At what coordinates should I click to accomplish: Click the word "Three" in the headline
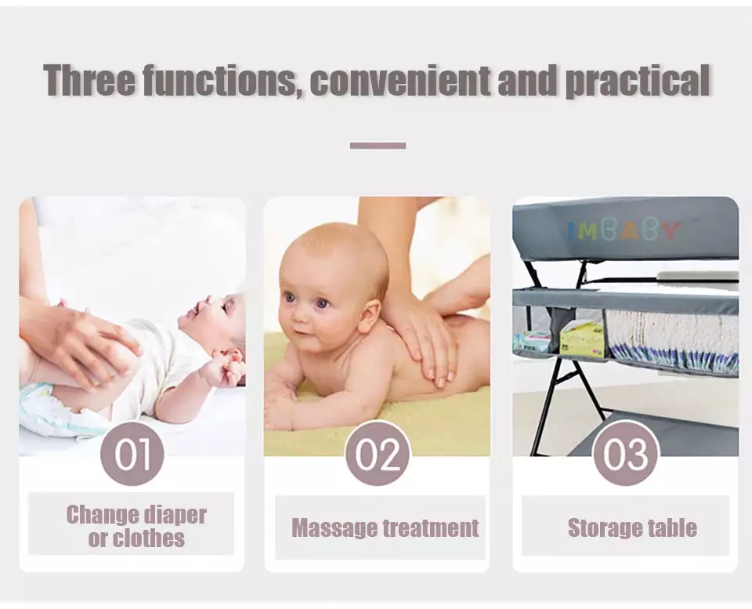89,81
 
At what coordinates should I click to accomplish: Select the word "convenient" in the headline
400,82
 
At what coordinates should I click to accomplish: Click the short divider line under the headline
378,145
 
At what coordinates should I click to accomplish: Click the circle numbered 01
132,454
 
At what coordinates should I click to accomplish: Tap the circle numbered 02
378,454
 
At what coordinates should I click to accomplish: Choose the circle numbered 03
625,454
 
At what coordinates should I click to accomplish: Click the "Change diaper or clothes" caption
136,526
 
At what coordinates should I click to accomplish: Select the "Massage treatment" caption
385,527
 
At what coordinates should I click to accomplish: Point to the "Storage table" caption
631,527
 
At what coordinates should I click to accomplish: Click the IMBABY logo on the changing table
624,230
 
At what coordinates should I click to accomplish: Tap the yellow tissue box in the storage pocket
583,339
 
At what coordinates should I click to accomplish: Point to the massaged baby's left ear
371,310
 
